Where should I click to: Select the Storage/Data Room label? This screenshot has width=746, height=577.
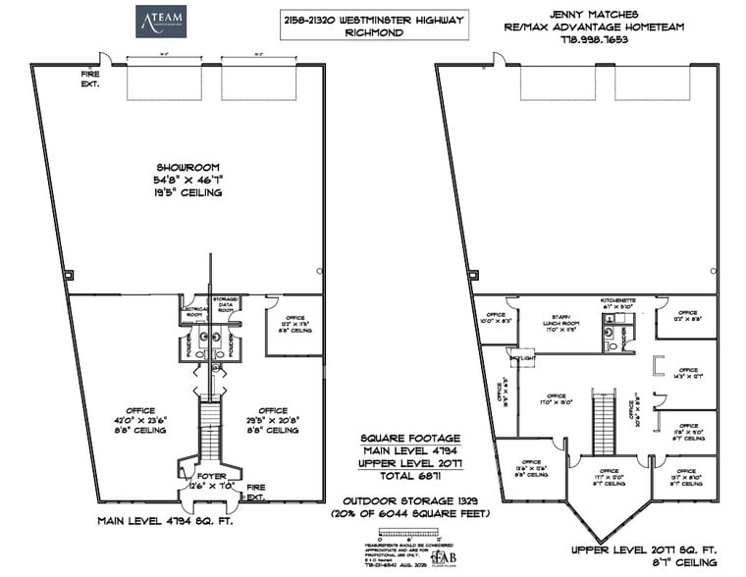[x=225, y=304]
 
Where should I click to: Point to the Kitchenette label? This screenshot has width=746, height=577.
[x=620, y=301]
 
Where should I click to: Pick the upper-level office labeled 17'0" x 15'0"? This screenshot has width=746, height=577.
[x=556, y=402]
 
